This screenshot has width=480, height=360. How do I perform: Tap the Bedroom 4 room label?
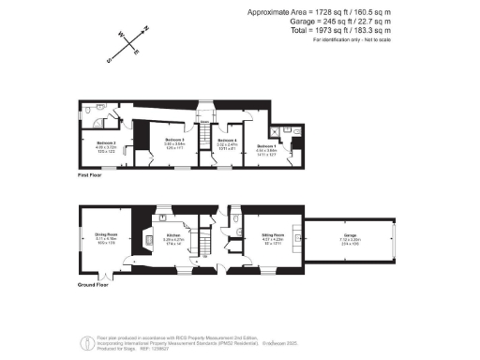pyautogui.click(x=226, y=142)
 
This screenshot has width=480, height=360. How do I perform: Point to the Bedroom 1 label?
pyautogui.click(x=267, y=145)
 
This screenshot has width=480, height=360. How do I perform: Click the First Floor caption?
pyautogui.click(x=90, y=175)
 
